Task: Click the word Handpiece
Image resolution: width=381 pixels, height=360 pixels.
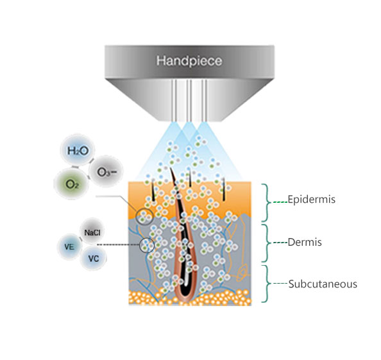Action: (x=189, y=61)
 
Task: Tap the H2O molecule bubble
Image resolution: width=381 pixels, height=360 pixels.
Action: (x=78, y=151)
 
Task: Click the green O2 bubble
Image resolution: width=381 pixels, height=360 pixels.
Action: (x=72, y=184)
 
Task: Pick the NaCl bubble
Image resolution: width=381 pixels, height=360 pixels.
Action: (x=92, y=232)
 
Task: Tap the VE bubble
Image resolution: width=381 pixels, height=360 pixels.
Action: (x=69, y=246)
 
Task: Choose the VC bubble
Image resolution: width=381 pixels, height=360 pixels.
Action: (x=93, y=258)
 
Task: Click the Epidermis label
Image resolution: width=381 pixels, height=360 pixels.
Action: (x=312, y=200)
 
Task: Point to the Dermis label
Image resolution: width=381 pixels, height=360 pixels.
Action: (x=305, y=243)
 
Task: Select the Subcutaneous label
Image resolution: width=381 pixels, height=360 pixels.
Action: (x=323, y=284)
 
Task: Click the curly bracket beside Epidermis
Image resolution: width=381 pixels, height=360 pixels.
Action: (x=267, y=203)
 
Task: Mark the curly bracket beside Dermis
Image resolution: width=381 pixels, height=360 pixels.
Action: (x=267, y=243)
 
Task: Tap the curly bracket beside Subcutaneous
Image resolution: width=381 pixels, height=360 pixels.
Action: (x=267, y=284)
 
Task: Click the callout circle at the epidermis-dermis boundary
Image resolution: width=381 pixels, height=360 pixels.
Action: (x=136, y=217)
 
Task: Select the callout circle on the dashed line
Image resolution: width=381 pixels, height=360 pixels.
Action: (x=140, y=244)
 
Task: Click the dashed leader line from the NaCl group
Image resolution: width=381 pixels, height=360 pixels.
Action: (x=118, y=244)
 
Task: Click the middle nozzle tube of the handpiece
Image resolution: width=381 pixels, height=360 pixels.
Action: (x=189, y=100)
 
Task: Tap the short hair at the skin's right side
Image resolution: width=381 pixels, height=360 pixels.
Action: (x=223, y=189)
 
